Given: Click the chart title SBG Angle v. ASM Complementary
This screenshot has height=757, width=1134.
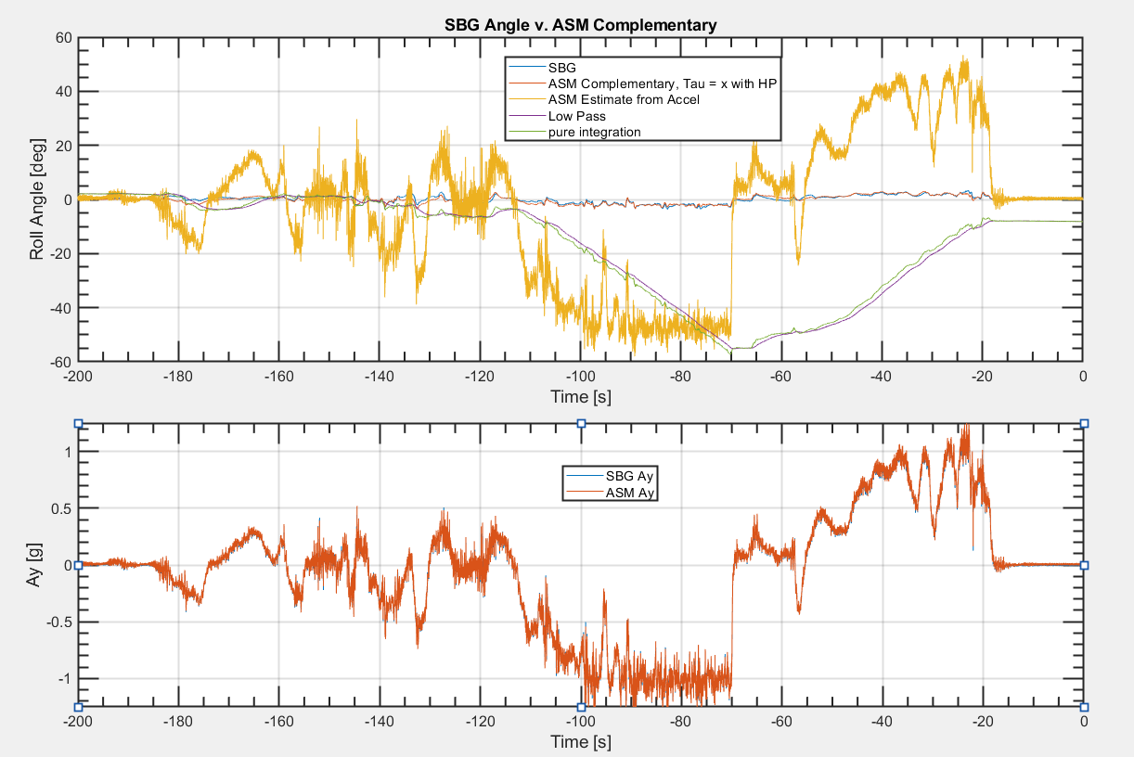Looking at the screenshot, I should click(x=580, y=26).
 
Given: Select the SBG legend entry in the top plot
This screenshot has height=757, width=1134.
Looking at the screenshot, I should click(x=562, y=68).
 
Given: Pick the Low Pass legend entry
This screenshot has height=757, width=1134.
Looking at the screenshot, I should click(x=575, y=116).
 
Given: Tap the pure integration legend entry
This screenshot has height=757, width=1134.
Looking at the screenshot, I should click(x=594, y=132).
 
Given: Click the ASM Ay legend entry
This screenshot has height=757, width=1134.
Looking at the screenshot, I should click(x=631, y=493).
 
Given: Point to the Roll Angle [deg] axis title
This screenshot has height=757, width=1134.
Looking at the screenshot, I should click(x=38, y=199).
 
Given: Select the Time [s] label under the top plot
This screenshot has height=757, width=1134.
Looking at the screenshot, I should click(x=580, y=396).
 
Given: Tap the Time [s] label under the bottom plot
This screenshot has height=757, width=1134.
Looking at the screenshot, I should click(x=580, y=741).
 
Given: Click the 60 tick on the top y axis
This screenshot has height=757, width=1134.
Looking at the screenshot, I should click(x=64, y=38).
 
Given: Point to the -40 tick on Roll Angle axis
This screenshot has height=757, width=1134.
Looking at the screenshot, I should click(x=60, y=308).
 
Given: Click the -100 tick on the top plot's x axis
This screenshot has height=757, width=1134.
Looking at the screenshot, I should click(x=580, y=378).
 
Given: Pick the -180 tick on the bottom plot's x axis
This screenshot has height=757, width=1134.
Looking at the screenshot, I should click(x=177, y=723).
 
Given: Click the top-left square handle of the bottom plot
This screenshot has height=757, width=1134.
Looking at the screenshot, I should click(x=79, y=423).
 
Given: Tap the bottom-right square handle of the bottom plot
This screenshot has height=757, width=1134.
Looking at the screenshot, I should click(x=1084, y=707).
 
